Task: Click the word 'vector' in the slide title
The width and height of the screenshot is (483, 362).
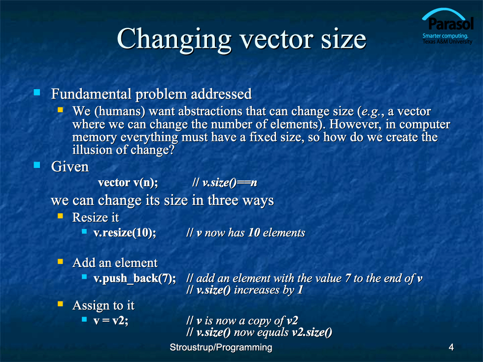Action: pos(276,39)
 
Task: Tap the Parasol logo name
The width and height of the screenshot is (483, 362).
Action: pos(450,24)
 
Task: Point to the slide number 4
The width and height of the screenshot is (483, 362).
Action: pos(451,347)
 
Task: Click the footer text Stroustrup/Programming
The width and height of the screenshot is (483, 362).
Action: pos(221,347)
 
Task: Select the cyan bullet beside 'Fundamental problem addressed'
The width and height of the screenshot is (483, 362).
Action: pos(37,93)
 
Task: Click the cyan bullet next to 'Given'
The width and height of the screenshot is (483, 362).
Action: pos(37,165)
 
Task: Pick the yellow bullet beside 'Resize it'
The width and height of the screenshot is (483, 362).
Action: pos(60,216)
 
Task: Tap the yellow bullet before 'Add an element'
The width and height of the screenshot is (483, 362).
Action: pos(60,262)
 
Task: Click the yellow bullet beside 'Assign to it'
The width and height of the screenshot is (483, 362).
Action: pos(60,304)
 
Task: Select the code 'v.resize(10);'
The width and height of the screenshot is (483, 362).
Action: pos(125,232)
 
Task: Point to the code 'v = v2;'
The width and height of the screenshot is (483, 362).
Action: pos(111,321)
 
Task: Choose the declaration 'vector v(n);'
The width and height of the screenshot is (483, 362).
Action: pos(128,183)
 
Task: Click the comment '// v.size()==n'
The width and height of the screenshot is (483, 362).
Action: pos(225,183)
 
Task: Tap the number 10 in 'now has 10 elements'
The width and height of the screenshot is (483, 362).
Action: pos(254,232)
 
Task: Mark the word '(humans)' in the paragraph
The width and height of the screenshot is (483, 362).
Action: pos(120,111)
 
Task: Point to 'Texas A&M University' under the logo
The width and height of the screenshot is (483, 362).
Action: pos(448,41)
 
